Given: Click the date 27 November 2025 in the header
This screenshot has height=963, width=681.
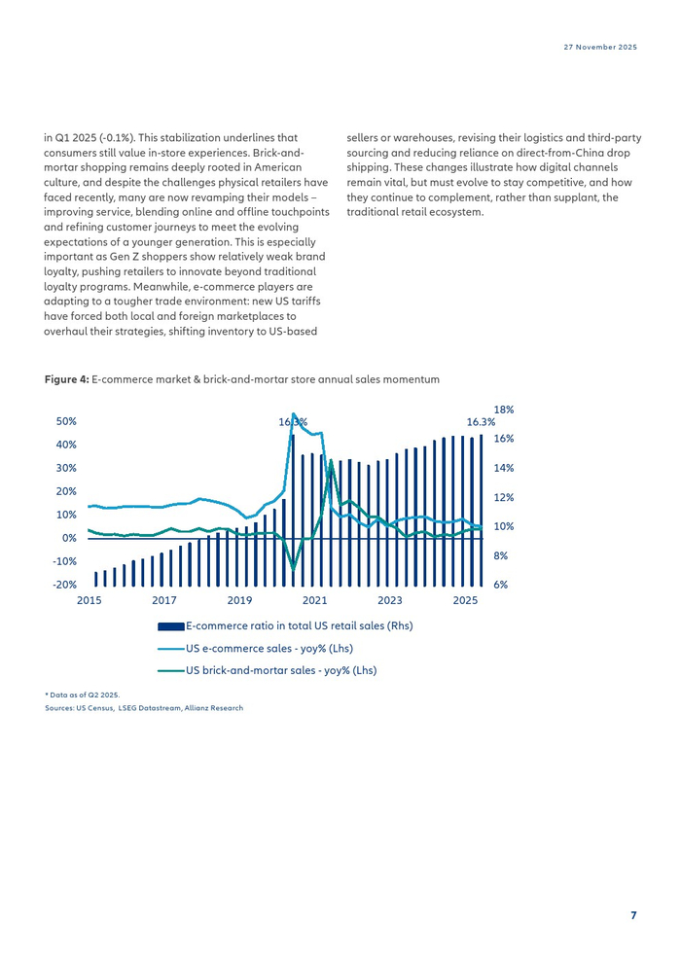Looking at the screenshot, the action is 600,48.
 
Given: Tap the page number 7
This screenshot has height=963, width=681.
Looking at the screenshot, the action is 633,915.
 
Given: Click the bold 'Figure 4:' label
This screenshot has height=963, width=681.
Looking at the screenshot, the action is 66,379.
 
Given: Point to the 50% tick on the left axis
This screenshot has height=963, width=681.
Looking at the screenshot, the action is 66,422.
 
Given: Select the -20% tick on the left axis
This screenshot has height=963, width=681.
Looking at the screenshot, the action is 64,586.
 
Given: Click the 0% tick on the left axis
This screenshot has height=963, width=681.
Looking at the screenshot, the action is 69,539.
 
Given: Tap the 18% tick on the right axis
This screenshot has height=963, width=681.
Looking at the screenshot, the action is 504,410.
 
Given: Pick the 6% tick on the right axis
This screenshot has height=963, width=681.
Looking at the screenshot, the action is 501,586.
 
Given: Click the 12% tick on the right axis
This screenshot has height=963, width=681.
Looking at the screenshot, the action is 504,497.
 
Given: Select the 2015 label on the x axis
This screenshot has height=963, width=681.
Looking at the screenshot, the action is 90,600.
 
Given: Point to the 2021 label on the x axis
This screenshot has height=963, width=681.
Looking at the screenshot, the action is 314,600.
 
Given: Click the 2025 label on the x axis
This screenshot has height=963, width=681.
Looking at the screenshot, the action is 465,600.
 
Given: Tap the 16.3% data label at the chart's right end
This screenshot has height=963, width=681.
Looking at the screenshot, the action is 481,422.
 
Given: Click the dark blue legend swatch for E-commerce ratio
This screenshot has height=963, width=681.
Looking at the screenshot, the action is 171,626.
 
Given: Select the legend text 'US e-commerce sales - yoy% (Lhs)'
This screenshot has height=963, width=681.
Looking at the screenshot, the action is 269,649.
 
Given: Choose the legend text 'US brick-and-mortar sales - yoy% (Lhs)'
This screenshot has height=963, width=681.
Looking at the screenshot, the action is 281,670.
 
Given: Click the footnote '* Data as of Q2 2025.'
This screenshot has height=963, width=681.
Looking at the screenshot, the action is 83,695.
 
